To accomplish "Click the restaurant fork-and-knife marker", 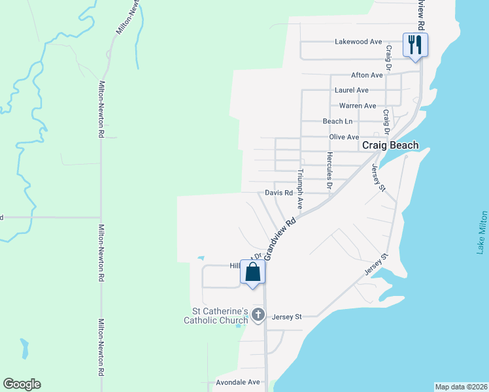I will pos(414,45).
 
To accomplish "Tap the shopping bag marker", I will pos(253,272).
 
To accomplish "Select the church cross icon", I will pos(258,316).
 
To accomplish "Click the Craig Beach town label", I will pos(390,146).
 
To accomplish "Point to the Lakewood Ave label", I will pos(358,42).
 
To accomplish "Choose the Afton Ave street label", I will pos(367,75).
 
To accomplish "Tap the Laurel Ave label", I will pos(351,90).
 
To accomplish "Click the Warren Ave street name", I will pos(358,106).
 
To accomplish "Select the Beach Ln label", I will pos(337,122).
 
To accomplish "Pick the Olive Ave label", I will pos(345,137).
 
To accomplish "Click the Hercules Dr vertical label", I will pos(329,171).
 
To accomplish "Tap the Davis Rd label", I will pos(278,193).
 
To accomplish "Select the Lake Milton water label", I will pos(482,233).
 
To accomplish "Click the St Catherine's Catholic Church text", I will pos(216,316).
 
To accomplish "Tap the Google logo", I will pos(22,384).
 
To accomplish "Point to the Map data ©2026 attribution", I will pos(461,387).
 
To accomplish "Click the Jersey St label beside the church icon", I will pos(288,317).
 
